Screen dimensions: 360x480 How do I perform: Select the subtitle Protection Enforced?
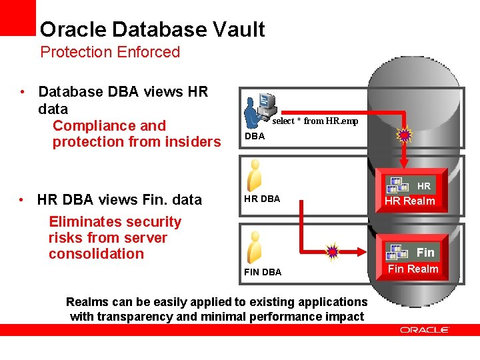[x=110, y=52]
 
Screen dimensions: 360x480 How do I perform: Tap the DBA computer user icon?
[x=259, y=109]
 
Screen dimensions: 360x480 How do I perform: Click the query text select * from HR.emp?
[x=315, y=121]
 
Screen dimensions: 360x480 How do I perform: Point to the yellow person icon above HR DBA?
[x=254, y=176]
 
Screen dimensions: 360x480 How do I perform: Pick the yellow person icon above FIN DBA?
[x=254, y=247]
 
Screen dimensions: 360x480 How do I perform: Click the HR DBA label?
[x=263, y=199]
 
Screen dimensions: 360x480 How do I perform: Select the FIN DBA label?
[x=263, y=272]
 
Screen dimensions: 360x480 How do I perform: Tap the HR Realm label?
[x=409, y=201]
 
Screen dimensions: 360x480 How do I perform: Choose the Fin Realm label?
[x=413, y=269]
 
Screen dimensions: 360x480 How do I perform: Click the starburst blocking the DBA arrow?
[x=404, y=136]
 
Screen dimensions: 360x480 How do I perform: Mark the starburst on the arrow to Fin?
[x=332, y=251]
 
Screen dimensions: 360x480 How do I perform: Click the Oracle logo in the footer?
[x=425, y=329]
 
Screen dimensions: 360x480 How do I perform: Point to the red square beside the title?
[x=17, y=17]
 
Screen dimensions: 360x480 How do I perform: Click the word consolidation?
[x=96, y=253]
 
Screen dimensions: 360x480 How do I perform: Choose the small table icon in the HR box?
[x=397, y=185]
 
